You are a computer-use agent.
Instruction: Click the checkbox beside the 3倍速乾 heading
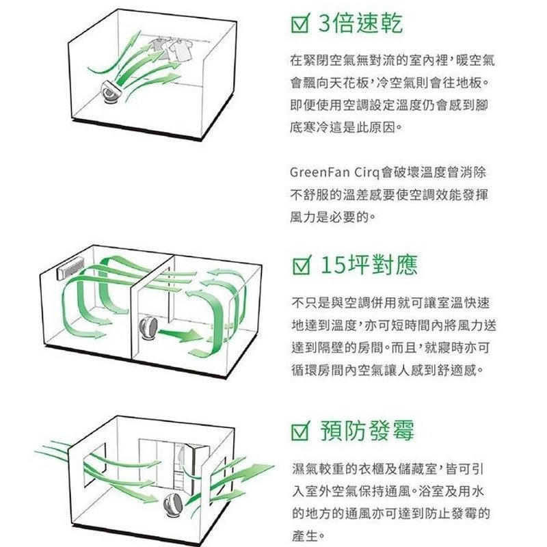tap(300, 25)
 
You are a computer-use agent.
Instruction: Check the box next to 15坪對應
tap(300, 265)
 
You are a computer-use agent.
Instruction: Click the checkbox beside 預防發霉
tap(300, 432)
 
